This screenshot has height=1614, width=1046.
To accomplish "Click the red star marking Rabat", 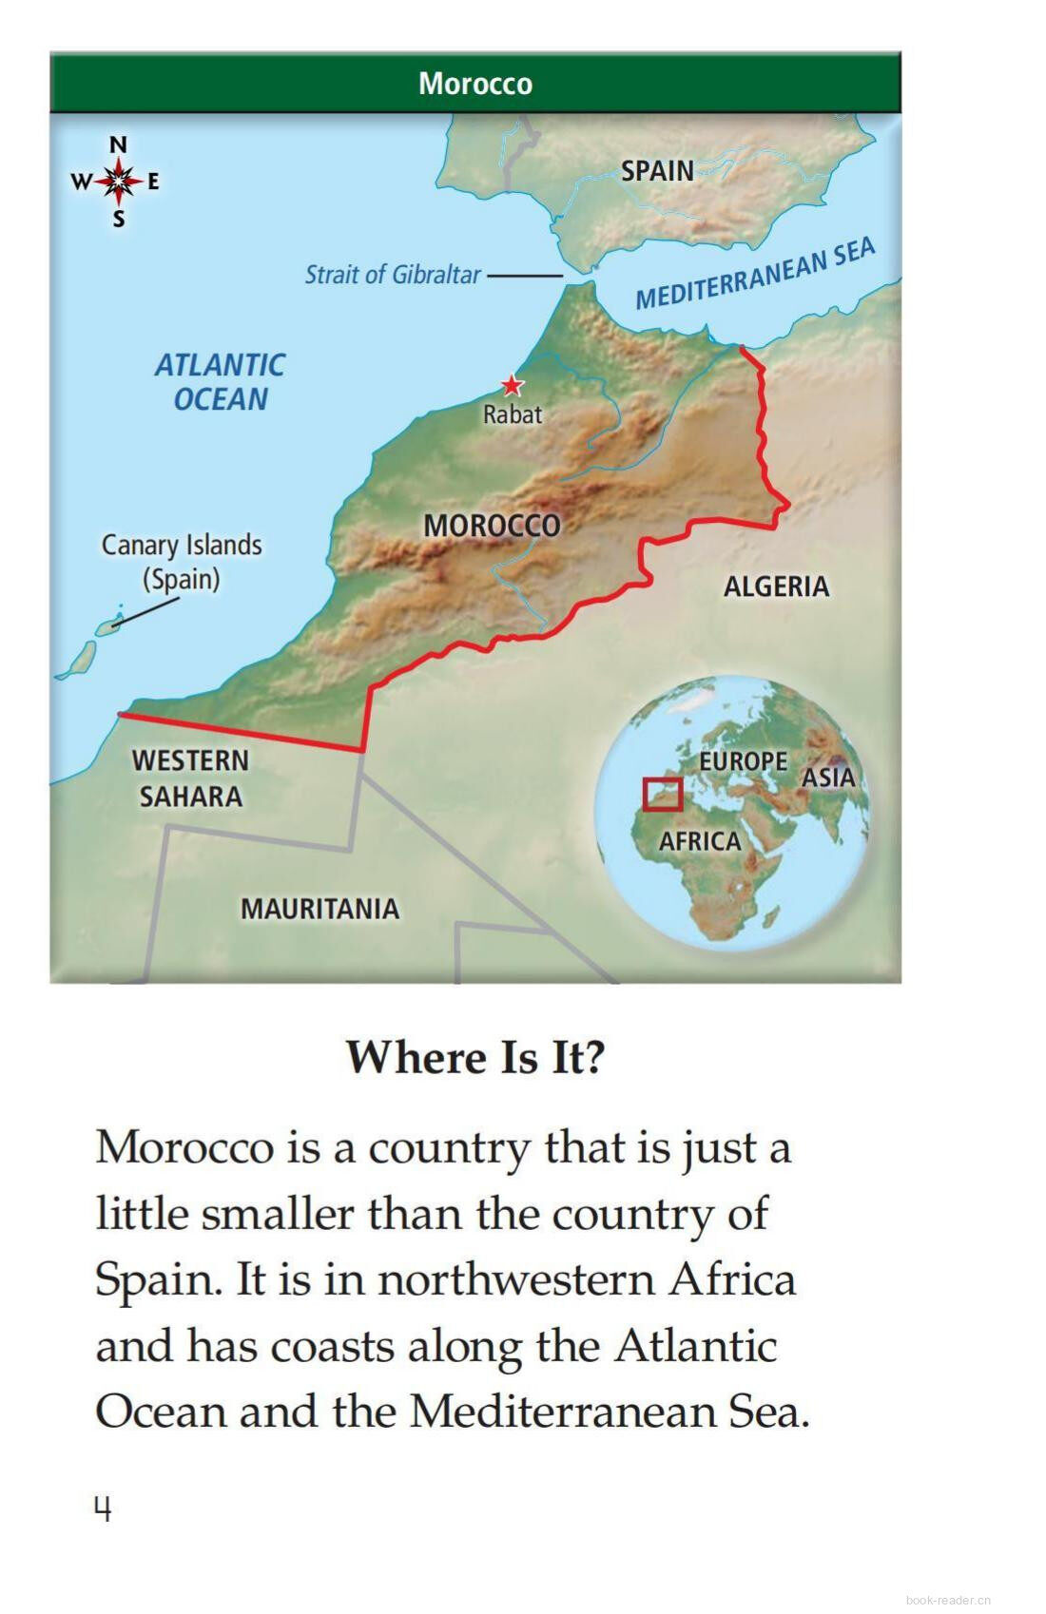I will coord(513,385).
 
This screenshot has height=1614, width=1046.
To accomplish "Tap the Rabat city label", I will coord(513,414).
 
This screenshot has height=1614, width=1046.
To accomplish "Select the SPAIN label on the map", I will coord(657,171).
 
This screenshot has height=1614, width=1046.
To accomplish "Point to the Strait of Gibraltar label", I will coord(393,275).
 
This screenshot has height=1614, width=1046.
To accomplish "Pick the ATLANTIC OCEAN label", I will coord(220,382).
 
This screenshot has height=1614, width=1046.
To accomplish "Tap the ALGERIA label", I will coord(776,586).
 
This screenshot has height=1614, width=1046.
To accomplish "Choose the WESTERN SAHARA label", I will coord(190,778).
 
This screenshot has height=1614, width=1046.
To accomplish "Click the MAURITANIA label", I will coord(320,909).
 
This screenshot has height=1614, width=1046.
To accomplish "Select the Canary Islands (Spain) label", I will coord(182,562).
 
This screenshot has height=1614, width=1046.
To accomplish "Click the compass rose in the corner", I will coord(117,181).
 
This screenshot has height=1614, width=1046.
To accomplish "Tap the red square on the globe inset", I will coord(662,795).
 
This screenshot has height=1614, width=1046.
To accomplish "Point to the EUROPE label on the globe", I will coord(743,761).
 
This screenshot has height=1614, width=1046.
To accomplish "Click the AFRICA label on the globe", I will coord(700,841).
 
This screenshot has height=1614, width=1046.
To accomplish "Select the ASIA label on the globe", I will coord(828,778).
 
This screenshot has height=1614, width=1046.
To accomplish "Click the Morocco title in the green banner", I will coord(475,84).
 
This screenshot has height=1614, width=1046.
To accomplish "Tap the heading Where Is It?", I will coord(475,1057).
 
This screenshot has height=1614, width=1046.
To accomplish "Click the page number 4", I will coord(103,1508).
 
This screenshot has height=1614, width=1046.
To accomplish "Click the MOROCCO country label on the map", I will coord(492,526).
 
